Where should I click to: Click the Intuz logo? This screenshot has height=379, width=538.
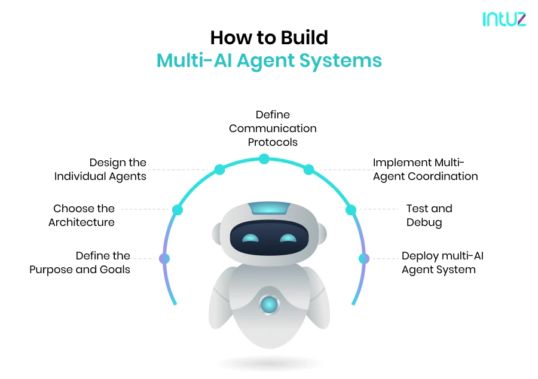point(504,19)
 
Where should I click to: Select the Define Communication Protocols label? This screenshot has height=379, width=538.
point(273,128)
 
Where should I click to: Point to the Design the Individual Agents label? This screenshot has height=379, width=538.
point(100,169)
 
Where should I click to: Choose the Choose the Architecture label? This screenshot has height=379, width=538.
point(82,215)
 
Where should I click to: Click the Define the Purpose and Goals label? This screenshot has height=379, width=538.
point(80,262)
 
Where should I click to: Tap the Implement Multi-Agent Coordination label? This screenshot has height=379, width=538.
point(425,169)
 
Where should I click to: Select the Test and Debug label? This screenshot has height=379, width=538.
point(429,215)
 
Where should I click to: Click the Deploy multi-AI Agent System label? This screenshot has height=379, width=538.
point(442,262)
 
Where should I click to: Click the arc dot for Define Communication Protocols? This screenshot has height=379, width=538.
point(264,159)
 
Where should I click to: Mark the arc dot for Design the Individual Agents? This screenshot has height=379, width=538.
point(219,170)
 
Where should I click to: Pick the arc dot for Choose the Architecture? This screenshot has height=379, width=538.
point(177,210)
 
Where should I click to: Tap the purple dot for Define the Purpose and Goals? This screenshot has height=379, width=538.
point(164,259)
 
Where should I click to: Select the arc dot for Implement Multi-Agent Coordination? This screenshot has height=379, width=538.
point(308,170)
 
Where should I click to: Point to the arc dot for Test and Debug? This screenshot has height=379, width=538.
point(351,210)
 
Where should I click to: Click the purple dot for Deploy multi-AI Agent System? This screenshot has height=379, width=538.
point(363,259)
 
